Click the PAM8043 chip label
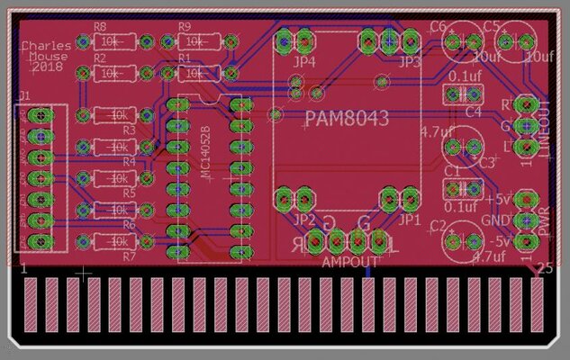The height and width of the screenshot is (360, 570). tap(347, 119)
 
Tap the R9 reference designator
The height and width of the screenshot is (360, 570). tap(185, 27)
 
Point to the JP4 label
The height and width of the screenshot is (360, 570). tap(304, 62)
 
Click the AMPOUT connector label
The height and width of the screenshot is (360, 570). tap(350, 262)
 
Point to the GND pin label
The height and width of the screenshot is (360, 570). tap(497, 219)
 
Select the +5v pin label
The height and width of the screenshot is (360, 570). tap(497, 197)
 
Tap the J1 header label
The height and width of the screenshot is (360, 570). tap(23, 95)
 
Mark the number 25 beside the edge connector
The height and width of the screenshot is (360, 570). tap(544, 268)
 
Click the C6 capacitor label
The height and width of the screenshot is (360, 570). tap(439, 27)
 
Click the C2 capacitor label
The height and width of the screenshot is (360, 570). tap(439, 225)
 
